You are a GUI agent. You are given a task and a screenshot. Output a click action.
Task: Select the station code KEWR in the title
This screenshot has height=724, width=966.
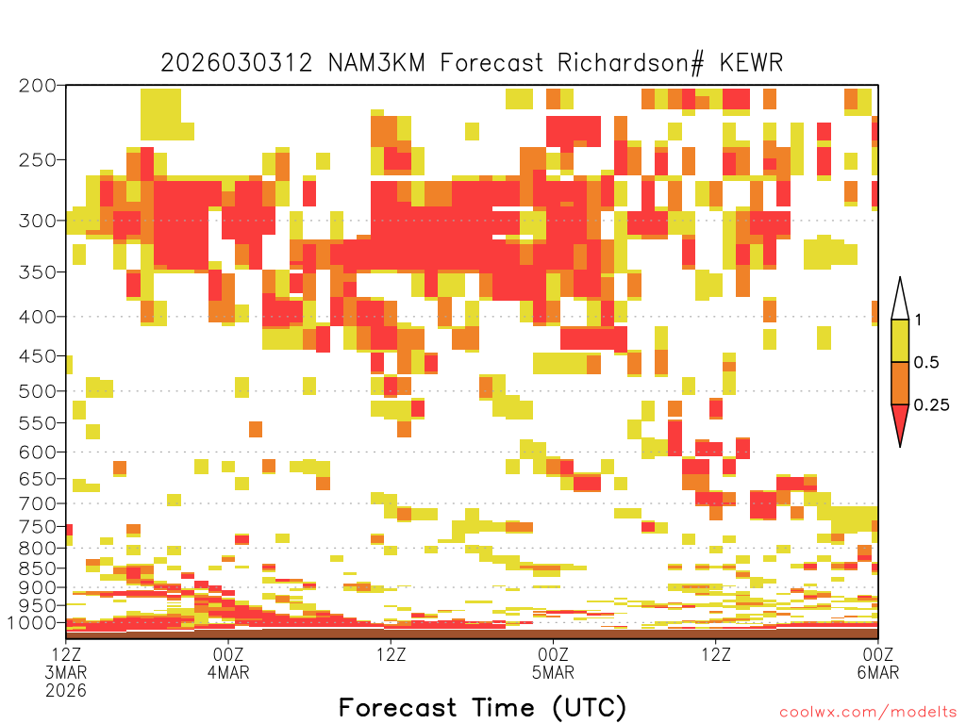coord(751,63)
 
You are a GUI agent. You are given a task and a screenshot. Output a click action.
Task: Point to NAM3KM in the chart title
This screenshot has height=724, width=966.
coord(376,63)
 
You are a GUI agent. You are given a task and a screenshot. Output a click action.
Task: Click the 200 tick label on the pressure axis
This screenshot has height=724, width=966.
coord(38,86)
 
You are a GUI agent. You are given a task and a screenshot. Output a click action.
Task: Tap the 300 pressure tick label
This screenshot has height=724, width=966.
coord(38,221)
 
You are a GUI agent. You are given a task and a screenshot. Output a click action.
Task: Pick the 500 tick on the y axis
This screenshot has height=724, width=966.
coord(38,391)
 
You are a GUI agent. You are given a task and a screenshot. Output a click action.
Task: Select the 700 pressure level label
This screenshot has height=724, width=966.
coord(38,503)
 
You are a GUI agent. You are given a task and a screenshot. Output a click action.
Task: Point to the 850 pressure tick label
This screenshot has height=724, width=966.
coord(38,568)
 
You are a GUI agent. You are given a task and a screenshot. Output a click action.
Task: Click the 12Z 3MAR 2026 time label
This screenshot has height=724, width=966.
coord(66,672)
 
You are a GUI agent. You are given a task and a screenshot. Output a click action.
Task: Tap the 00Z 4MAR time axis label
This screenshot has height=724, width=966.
coord(228,663)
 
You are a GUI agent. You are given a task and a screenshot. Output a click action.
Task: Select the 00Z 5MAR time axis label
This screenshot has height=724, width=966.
coord(553,663)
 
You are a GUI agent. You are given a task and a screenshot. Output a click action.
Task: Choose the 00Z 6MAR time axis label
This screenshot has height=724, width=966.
coord(878,663)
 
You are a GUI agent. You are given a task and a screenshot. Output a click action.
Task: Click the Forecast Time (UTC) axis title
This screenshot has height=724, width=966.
coord(482,707)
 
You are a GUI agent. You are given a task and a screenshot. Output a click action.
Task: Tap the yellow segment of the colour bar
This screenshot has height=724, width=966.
coord(900,340)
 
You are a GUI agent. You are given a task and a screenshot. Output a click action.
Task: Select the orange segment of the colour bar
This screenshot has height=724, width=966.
coord(900,383)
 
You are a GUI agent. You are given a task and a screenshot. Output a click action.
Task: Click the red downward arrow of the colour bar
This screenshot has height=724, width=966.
coord(900,420)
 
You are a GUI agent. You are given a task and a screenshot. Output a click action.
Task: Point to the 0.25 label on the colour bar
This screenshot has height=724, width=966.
coord(931,405)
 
